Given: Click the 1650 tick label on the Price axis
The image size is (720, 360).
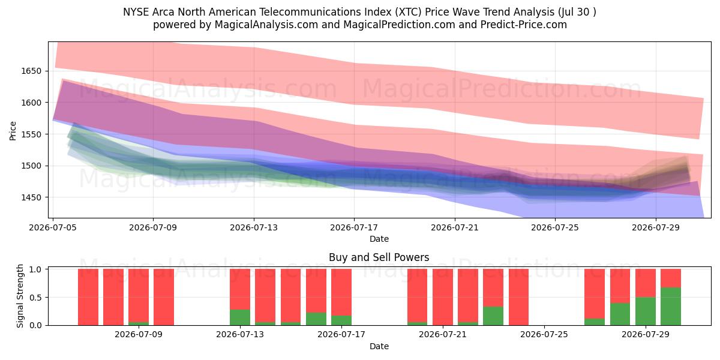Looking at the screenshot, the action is (x=31, y=71).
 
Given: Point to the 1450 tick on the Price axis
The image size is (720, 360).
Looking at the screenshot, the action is (x=31, y=197).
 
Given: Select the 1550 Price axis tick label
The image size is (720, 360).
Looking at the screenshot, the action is (x=31, y=134).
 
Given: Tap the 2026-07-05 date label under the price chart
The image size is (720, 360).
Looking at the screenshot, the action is (x=53, y=227).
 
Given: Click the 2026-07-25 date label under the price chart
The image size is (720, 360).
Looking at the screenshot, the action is (x=555, y=227).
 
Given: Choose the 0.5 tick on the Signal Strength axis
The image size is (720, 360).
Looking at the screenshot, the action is (x=35, y=298).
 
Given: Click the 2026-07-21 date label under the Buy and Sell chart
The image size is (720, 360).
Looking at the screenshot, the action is (x=443, y=334).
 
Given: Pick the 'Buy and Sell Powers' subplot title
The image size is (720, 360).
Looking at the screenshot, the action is (x=379, y=257).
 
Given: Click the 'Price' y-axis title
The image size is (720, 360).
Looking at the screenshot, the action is (x=13, y=131).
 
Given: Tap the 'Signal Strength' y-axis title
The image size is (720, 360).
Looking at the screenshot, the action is (x=20, y=296).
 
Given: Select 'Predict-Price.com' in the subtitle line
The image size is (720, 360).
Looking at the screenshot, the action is (x=524, y=25).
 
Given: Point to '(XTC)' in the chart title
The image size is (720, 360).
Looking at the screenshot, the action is (x=408, y=12).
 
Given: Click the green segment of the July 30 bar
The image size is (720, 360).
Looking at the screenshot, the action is (x=671, y=307).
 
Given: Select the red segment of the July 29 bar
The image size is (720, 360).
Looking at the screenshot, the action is (x=646, y=283).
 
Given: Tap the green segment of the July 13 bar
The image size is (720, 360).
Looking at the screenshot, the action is (x=240, y=317).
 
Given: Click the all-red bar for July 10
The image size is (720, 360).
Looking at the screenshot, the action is (x=164, y=297).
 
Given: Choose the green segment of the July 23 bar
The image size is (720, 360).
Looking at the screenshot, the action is (x=493, y=316).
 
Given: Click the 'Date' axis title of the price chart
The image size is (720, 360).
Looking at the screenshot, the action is (x=379, y=239).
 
